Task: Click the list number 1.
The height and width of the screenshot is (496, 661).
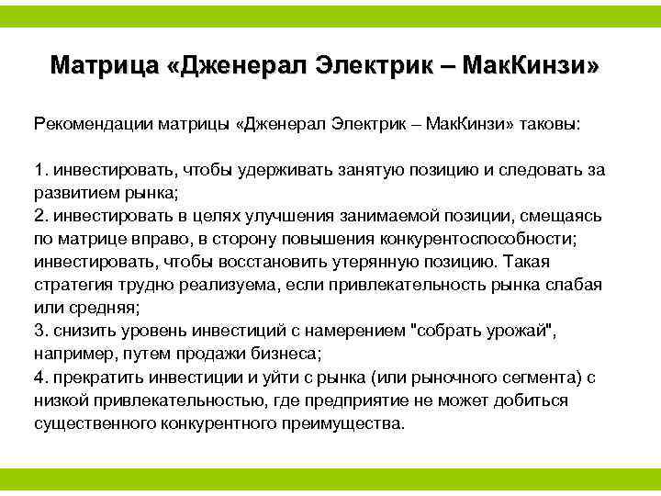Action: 39,170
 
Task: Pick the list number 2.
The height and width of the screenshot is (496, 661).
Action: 39,216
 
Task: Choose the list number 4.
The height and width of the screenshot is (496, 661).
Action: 39,377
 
